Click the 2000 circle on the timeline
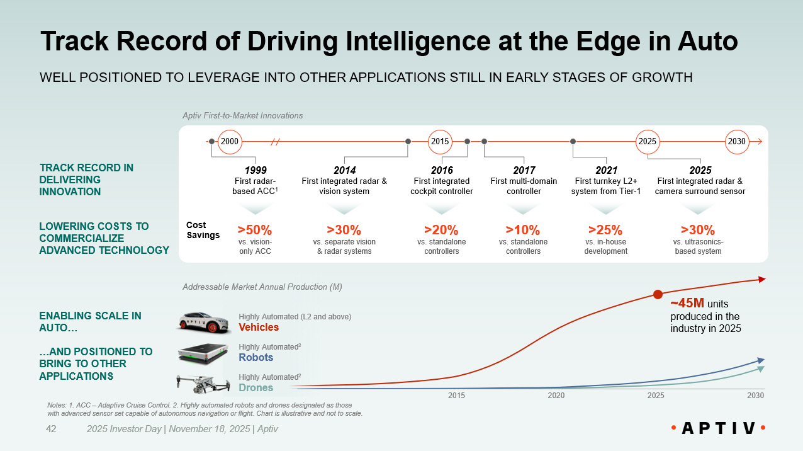(x=230, y=141)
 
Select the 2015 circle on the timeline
(x=440, y=141)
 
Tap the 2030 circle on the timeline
(x=736, y=141)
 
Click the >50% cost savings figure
(x=254, y=230)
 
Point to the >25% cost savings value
(x=605, y=230)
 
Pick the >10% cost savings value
(x=523, y=230)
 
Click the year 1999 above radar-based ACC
(x=255, y=170)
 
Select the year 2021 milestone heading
(x=606, y=170)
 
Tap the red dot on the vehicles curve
(x=658, y=294)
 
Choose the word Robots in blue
(x=256, y=357)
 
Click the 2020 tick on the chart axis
(x=556, y=396)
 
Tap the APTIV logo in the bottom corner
(x=718, y=428)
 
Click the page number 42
(x=52, y=429)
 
